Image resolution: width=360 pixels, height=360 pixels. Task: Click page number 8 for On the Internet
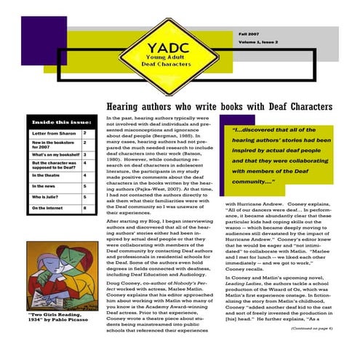pos(85,207)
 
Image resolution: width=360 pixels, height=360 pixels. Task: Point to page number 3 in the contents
pos(85,154)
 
